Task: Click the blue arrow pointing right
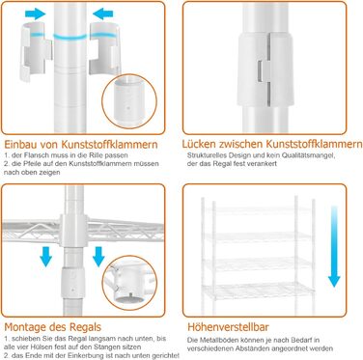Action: pos(35,14)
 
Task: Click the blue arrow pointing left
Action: pos(103,14)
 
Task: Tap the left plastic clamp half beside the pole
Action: pos(35,51)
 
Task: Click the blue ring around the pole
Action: pos(70,37)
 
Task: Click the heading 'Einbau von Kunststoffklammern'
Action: pos(81,144)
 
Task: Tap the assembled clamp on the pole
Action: pos(265,69)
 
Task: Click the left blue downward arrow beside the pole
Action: pos(46,257)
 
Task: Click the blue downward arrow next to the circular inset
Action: pos(98,257)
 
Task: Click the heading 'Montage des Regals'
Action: pos(52,327)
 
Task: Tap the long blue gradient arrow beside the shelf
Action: pos(334,246)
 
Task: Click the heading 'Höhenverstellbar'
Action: pos(228,327)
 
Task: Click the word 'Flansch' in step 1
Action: pos(37,155)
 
